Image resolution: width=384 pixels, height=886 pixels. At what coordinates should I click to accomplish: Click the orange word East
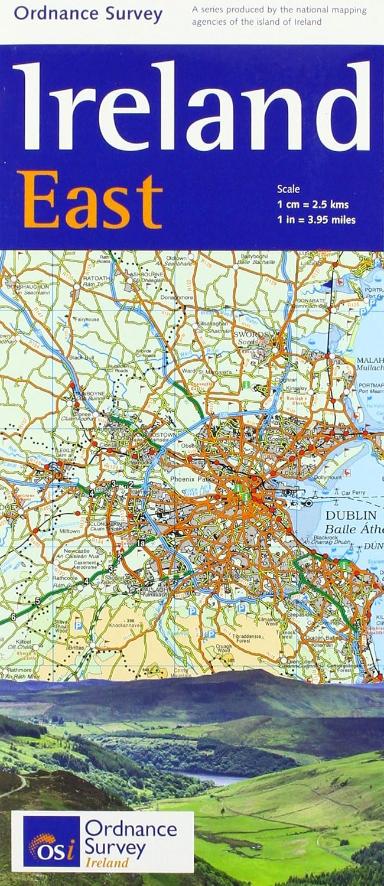point(89,201)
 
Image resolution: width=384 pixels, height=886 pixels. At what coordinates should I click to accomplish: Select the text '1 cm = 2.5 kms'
point(313,206)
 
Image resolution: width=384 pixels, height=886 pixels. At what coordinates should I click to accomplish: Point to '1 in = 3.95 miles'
point(316,220)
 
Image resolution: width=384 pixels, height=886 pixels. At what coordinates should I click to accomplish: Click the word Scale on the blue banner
point(288,190)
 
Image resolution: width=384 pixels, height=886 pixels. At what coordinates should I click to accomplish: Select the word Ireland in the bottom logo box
point(106,862)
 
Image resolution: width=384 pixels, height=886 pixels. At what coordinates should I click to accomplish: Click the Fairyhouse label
point(86,320)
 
